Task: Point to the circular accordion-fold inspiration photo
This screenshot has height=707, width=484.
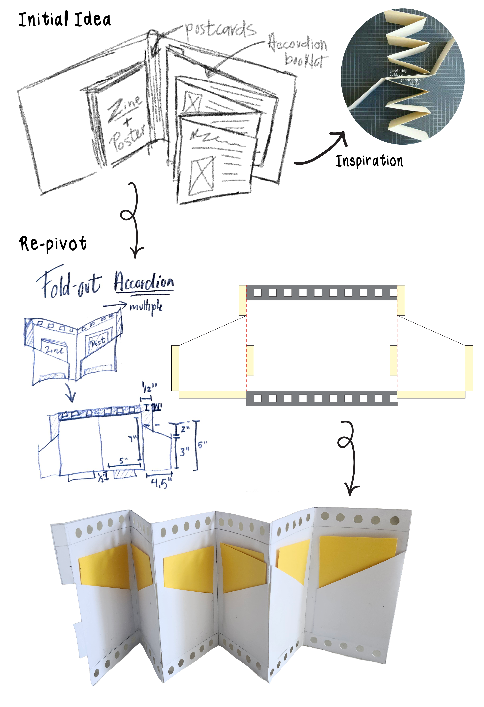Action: click(403, 76)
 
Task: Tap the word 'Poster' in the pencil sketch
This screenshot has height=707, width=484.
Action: click(128, 138)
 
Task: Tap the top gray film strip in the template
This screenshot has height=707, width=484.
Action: click(322, 293)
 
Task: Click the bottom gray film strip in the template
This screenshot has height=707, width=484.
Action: click(322, 398)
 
